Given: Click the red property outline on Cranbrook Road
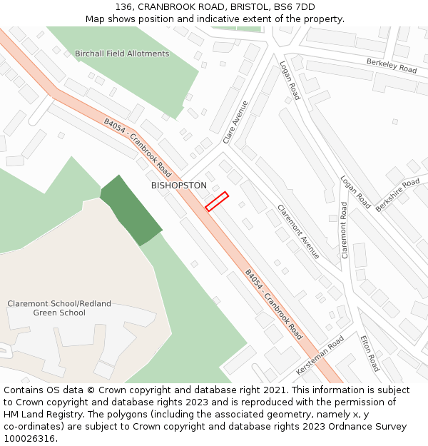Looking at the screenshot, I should click(x=217, y=201).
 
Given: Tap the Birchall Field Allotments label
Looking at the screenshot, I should click(x=122, y=54).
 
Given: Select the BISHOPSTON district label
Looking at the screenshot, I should click(x=179, y=186).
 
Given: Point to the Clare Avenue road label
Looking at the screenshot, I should click(x=235, y=122).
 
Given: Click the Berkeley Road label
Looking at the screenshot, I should click(x=392, y=66).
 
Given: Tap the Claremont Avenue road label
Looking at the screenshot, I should click(x=299, y=231).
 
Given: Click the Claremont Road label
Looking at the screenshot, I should click(x=345, y=230).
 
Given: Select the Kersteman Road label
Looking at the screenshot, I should click(x=320, y=356).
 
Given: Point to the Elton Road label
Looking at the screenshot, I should click(x=370, y=353).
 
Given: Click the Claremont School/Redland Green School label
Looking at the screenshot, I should click(x=59, y=308).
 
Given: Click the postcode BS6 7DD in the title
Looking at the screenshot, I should click(x=294, y=6).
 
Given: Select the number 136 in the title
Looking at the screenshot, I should click(x=123, y=6).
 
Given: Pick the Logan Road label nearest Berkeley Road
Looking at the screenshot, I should click(x=290, y=80).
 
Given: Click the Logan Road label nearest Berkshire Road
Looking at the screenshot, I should click(x=355, y=193).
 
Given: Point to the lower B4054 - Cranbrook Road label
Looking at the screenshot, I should click(x=273, y=305).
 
